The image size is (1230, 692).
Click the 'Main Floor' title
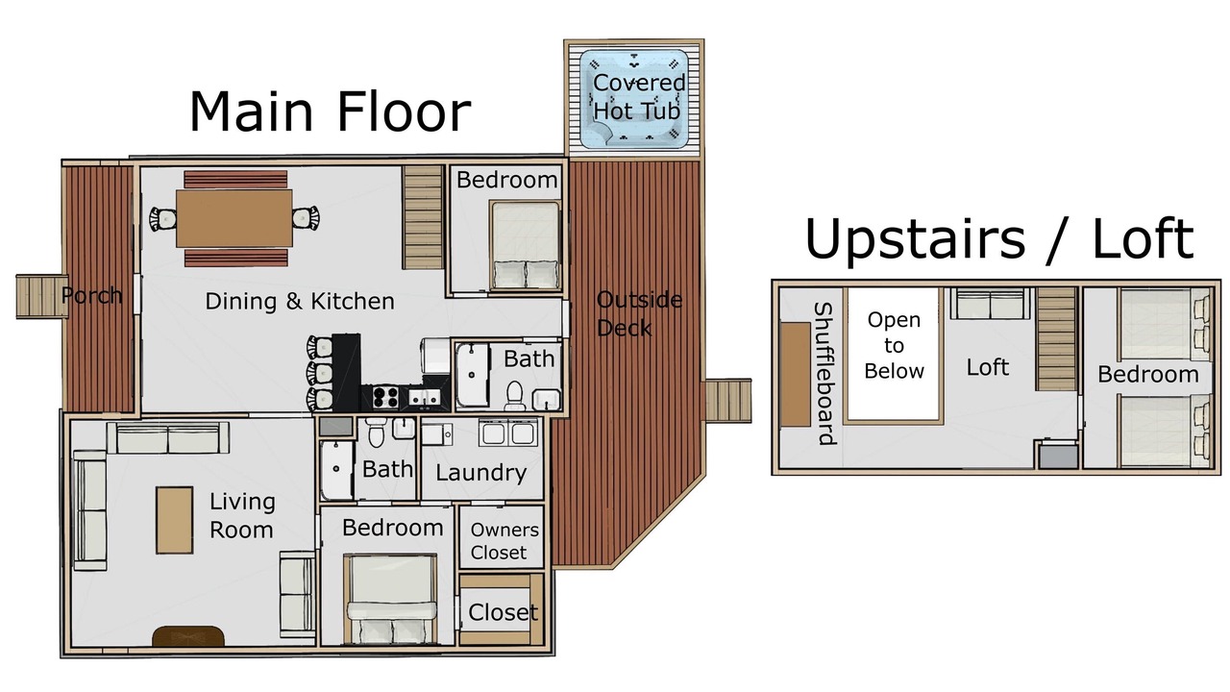(330, 111)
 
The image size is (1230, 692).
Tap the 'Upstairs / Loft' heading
(998, 239)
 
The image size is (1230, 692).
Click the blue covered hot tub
(634, 99)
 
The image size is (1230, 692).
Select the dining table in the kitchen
(234, 218)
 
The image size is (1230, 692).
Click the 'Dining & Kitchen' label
(300, 301)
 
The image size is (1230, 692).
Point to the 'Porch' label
(91, 295)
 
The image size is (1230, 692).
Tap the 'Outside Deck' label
(639, 313)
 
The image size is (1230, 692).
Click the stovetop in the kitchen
(385, 397)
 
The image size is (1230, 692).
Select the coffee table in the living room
(175, 520)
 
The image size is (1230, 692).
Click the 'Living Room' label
(242, 515)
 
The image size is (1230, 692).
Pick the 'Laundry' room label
(481, 473)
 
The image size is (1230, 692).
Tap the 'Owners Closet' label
(504, 541)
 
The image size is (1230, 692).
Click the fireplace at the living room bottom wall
(187, 636)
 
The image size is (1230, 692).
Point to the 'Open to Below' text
(894, 345)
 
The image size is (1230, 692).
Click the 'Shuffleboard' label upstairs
(824, 374)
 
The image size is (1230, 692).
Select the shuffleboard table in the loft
(795, 374)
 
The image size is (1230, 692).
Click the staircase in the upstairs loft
(1056, 339)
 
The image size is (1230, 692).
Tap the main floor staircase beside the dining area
(423, 217)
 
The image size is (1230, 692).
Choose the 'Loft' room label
(987, 367)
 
